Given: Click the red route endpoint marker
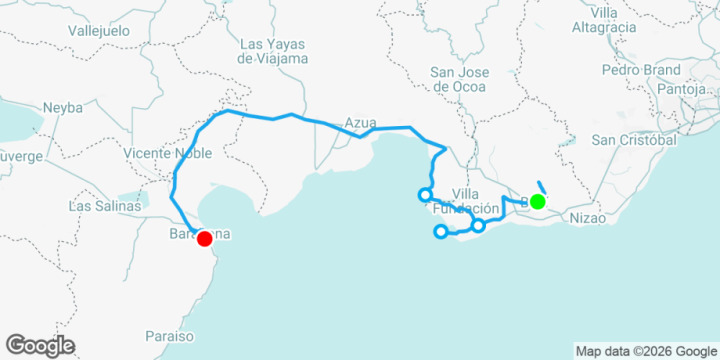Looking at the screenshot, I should pos(204,238).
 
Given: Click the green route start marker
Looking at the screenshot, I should pos(537,202).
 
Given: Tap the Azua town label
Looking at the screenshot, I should pos(360,123).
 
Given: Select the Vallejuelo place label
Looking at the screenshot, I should pos(100,31).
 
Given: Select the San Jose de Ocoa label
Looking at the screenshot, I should pos(458,79).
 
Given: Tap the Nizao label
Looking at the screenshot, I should pos(588,217).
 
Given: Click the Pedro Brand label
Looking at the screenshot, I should pos(640,70).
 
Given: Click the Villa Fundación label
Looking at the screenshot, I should pos(464,201).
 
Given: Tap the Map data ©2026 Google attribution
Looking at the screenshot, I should pos(646,351).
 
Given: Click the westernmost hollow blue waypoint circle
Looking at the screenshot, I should pos(425,194).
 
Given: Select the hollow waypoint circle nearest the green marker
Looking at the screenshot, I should pos(478,225).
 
